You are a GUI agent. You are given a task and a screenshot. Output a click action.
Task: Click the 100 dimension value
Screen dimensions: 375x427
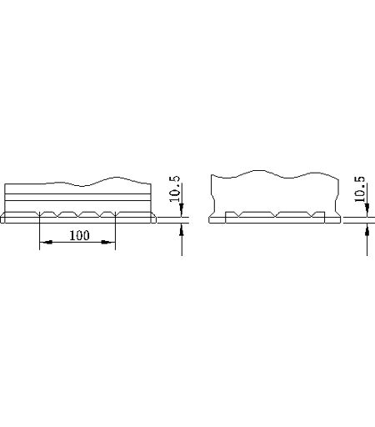click(79, 235)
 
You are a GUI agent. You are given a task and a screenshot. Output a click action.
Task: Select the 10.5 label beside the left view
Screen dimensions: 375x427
click(174, 188)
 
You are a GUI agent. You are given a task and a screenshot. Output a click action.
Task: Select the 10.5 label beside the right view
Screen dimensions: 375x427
click(360, 189)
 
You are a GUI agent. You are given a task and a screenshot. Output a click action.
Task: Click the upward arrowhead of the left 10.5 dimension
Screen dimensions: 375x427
click(182, 229)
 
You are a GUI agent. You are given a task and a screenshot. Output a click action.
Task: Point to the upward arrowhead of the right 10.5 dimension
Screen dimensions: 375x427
click(367, 229)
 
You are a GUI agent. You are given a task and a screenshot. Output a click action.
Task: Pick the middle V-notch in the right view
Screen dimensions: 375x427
click(276, 214)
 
